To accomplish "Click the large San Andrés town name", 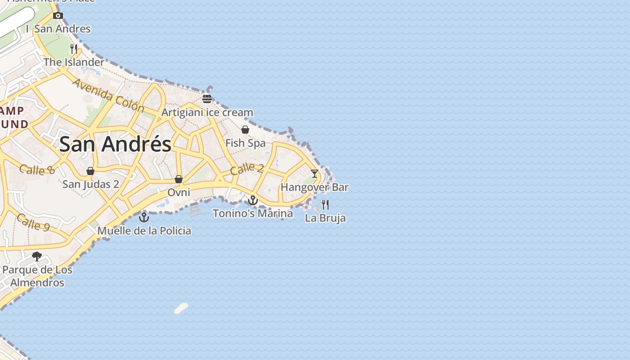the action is coord(115,144).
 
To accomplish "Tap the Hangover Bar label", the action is coord(315,187).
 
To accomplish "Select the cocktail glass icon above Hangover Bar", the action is coord(315,173).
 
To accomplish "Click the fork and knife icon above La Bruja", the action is coord(325,205).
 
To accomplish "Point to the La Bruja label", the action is coord(325,218).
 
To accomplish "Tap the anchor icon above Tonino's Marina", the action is coord(253,200).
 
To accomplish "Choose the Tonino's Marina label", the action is coord(253,213).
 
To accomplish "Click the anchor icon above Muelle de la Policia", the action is coord(144,217).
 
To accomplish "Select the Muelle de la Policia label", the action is coord(144,231).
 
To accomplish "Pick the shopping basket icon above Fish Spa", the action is coord(245,130).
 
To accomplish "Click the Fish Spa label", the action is coord(245,143).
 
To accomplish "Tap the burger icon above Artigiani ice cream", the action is coord(207,99).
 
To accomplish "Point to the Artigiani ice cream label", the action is coord(207,112).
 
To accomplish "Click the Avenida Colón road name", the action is coord(108,95).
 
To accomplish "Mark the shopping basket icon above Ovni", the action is coord(179,179).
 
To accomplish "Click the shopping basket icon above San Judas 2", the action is coord(90,171).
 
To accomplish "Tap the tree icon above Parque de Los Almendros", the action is coord(37,256).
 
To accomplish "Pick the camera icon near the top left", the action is coord(58,16).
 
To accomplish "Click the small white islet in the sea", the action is coord(181,308).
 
